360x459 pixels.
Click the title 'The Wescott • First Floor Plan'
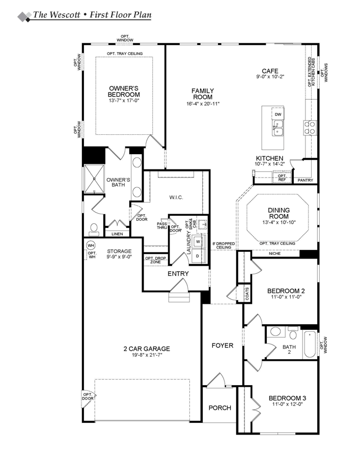[92, 15]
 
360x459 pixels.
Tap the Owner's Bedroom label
[124, 91]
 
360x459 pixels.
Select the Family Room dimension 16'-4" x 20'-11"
[203, 104]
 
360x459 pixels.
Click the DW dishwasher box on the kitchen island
[278, 114]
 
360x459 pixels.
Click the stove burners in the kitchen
[309, 126]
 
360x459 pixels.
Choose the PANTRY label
[305, 180]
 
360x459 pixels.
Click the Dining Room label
[279, 213]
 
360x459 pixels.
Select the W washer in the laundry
[198, 241]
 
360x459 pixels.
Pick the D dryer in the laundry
[198, 256]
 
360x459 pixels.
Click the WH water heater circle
[91, 245]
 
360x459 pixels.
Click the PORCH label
[220, 408]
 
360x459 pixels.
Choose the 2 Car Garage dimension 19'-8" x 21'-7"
[146, 355]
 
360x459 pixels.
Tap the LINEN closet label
[117, 234]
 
